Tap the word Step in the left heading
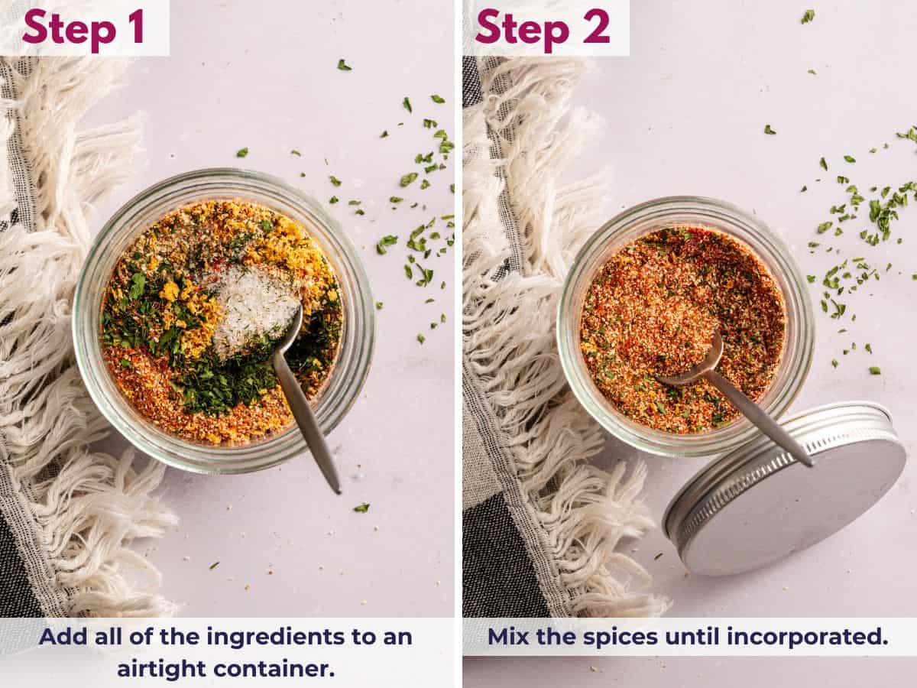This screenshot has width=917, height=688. pos(68,28)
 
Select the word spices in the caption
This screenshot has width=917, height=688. pos(611,637)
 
